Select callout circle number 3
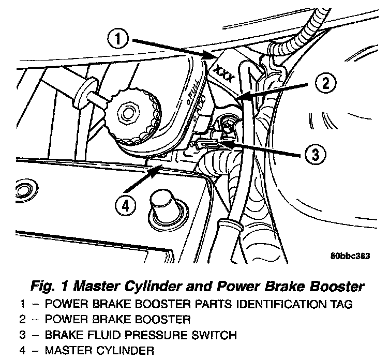(316, 153)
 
